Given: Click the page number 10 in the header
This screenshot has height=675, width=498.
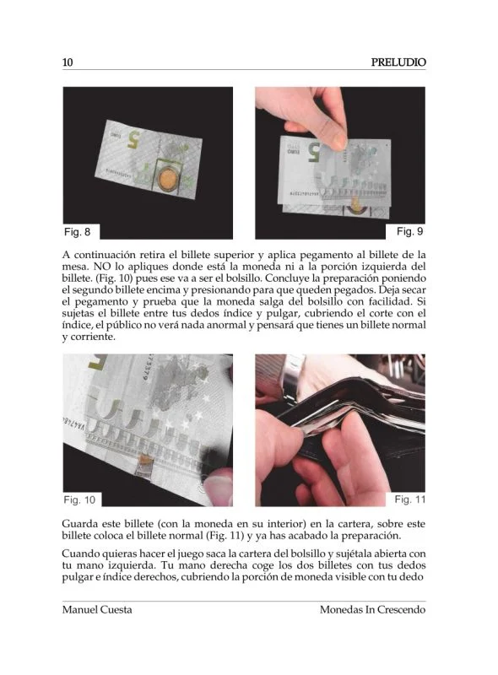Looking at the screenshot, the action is click(68, 62).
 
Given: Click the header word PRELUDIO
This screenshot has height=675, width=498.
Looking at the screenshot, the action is click(398, 62).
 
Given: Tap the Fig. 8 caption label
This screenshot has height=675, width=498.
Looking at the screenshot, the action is click(77, 232).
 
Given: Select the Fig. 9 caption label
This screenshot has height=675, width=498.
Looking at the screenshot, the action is click(409, 231).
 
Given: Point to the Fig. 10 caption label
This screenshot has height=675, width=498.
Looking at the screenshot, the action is click(79, 499).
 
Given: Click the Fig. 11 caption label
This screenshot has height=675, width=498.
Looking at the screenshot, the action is click(410, 499).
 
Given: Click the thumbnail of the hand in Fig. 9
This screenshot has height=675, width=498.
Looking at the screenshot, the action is click(339, 141).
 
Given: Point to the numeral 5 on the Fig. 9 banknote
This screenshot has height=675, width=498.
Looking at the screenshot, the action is click(314, 153).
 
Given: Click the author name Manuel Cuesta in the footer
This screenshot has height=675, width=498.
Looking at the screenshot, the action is click(97, 609).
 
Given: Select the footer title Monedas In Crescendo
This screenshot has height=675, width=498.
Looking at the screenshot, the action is click(372, 609).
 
